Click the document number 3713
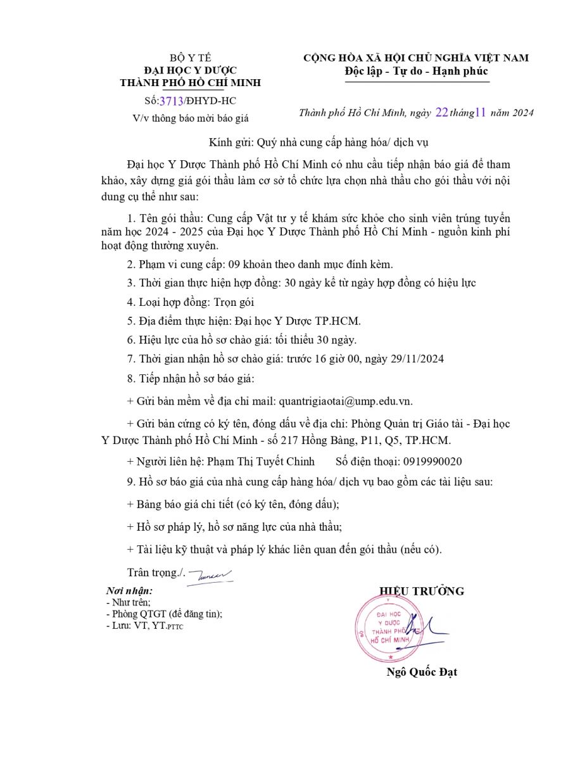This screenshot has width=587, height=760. point(172,101)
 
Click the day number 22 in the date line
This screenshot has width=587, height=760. point(441,113)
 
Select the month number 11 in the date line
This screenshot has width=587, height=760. point(480,113)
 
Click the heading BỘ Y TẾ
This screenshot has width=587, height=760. point(190,58)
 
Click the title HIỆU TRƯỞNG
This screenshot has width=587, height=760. point(421,591)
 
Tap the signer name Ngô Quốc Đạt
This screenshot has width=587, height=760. point(422,672)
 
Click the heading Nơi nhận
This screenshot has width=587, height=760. point(130,590)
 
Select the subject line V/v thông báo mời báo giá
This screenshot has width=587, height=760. point(190,118)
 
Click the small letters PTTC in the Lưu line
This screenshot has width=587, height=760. point(175,627)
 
